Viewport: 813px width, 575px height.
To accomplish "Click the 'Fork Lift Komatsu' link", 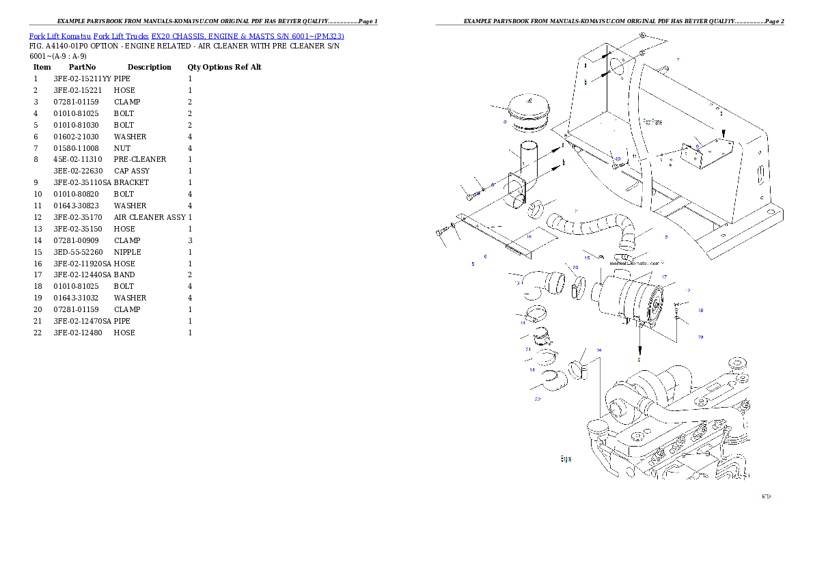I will [60, 36].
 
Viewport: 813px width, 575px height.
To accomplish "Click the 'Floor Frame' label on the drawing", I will [652, 122].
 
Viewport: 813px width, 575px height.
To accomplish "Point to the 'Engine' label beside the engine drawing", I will [566, 459].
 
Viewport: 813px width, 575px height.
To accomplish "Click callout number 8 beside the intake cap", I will [504, 123].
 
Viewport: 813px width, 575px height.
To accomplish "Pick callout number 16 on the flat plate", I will [528, 236].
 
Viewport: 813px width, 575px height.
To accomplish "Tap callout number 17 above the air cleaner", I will [663, 277].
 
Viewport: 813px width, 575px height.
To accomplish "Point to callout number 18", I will [700, 311].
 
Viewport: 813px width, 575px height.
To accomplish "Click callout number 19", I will [700, 337].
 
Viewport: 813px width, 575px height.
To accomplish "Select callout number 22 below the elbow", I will [538, 399].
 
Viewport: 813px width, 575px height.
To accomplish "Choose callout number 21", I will [528, 350].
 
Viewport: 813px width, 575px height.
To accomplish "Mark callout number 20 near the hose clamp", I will [575, 268].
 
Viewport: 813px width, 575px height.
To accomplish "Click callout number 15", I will [587, 258].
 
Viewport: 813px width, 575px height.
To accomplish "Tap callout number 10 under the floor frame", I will [617, 158].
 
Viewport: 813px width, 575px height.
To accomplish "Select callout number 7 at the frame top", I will [677, 60].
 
